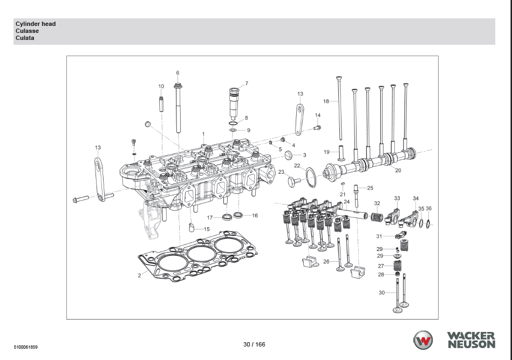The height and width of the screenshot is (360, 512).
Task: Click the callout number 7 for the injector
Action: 247,84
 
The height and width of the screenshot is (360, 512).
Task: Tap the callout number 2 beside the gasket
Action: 139,275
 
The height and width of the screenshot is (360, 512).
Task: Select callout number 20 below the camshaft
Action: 398,171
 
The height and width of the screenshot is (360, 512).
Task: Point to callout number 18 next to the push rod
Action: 326,101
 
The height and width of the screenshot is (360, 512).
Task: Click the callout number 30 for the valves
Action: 382,293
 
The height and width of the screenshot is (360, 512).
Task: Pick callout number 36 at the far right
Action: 428,208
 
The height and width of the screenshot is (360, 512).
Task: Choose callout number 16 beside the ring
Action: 255,215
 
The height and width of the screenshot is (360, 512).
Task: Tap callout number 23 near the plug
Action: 281,172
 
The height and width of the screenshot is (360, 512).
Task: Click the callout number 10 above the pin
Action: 161,86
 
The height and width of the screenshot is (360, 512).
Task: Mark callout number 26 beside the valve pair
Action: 326,262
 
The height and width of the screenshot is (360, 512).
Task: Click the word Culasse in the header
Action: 27,31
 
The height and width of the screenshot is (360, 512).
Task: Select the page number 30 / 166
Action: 254,344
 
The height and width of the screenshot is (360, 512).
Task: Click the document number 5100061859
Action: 26,347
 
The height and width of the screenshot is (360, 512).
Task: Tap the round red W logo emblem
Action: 423,340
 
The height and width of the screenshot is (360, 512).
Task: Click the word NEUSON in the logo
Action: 470,344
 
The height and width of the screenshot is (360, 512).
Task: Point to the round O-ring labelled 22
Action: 311,176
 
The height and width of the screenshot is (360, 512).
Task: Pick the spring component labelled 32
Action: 376,216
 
